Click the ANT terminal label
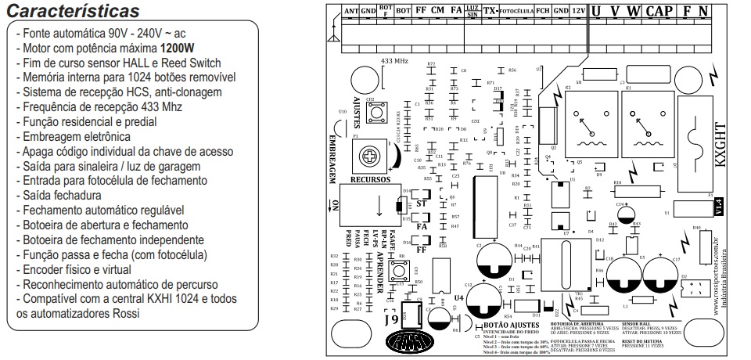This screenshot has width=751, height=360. point(351,11)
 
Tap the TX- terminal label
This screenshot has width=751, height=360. point(490,11)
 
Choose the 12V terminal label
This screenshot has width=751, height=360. point(577,11)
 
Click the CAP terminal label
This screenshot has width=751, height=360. point(659,11)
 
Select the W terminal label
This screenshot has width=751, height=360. point(634,11)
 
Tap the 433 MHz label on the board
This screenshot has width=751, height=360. point(394,60)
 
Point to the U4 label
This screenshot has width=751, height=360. point(458,297)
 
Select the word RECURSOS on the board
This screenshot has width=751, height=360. point(371,179)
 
